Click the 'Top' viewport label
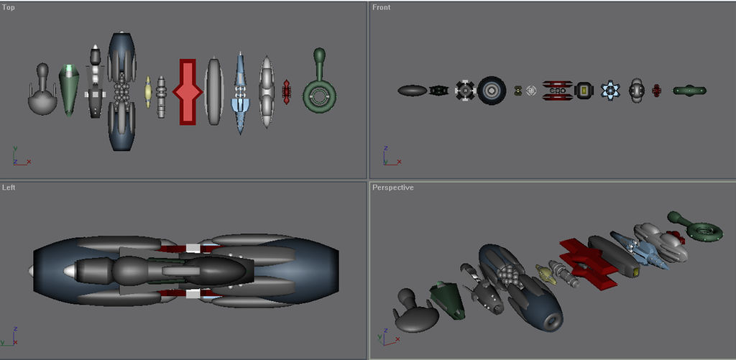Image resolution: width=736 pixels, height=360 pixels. (x=9, y=7)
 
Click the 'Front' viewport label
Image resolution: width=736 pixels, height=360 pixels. (x=381, y=7)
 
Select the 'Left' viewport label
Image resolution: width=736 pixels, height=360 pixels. (x=9, y=188)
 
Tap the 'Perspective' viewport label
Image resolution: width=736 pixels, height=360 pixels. (x=392, y=188)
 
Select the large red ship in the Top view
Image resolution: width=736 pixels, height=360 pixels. (x=188, y=92)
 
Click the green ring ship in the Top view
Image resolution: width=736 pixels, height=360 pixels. (x=319, y=93)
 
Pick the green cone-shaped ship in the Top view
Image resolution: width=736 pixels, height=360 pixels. (x=68, y=90)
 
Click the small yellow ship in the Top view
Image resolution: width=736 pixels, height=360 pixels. (x=147, y=92)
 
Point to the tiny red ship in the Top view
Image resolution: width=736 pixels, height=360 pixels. (x=287, y=92)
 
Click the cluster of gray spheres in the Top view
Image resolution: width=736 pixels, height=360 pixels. (x=121, y=92)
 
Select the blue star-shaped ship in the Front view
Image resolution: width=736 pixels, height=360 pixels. (x=610, y=91)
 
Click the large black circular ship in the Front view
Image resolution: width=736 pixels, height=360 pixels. (x=492, y=90)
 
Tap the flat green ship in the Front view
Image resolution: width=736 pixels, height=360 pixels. (x=689, y=91)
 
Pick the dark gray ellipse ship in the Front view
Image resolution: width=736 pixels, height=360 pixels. (x=413, y=91)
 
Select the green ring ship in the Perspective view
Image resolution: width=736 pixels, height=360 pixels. (x=704, y=229)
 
